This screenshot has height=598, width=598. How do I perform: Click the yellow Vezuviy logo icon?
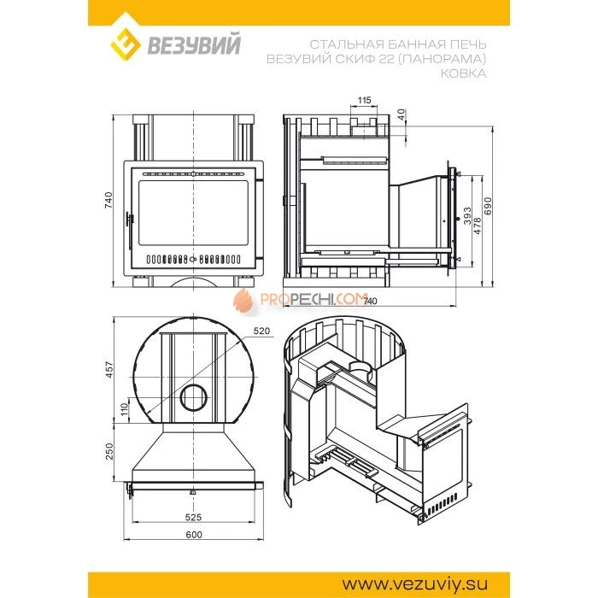coord(126,44)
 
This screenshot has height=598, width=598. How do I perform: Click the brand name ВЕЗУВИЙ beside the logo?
coord(194,44)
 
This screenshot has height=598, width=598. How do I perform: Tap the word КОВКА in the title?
coord(463,73)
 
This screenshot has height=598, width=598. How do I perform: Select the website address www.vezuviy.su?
coord(414,583)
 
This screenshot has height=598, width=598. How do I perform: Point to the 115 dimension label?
coord(364,100)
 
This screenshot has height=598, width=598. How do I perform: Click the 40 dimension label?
coord(401,114)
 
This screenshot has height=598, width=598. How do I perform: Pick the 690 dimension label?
coord(488,206)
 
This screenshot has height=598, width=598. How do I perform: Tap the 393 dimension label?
coord(467,216)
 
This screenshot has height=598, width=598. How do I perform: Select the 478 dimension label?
coord(477,226)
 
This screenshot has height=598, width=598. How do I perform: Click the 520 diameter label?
coord(261,331)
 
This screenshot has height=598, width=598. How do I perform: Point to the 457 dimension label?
coord(109,370)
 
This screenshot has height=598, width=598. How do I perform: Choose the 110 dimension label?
coord(125,410)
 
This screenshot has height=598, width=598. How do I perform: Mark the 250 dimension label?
coord(109,451)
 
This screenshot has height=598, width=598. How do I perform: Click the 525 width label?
coord(193,517)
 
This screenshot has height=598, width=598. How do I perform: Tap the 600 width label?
coord(194,535)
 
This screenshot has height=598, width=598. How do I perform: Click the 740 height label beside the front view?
coord(108,200)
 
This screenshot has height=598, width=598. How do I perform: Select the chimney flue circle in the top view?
coord(194,398)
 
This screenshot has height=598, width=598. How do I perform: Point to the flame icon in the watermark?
coord(243,300)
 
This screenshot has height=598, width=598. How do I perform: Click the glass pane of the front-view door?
coord(193,213)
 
